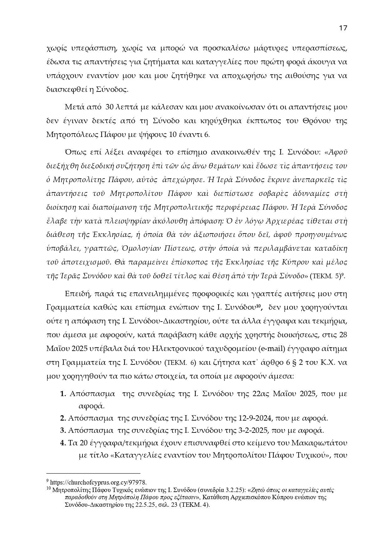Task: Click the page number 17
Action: [343, 28]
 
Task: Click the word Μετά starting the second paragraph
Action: [74, 107]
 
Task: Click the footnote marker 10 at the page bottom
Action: [49, 489]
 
